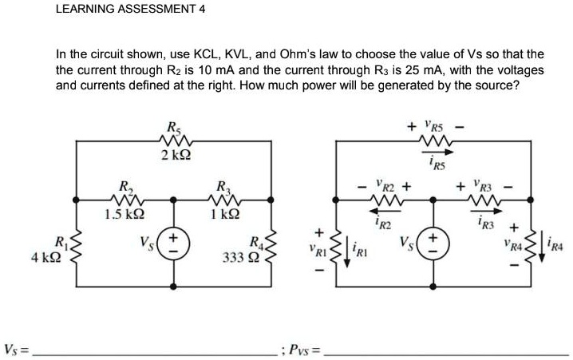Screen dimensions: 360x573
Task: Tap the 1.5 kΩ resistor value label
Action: point(124,213)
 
